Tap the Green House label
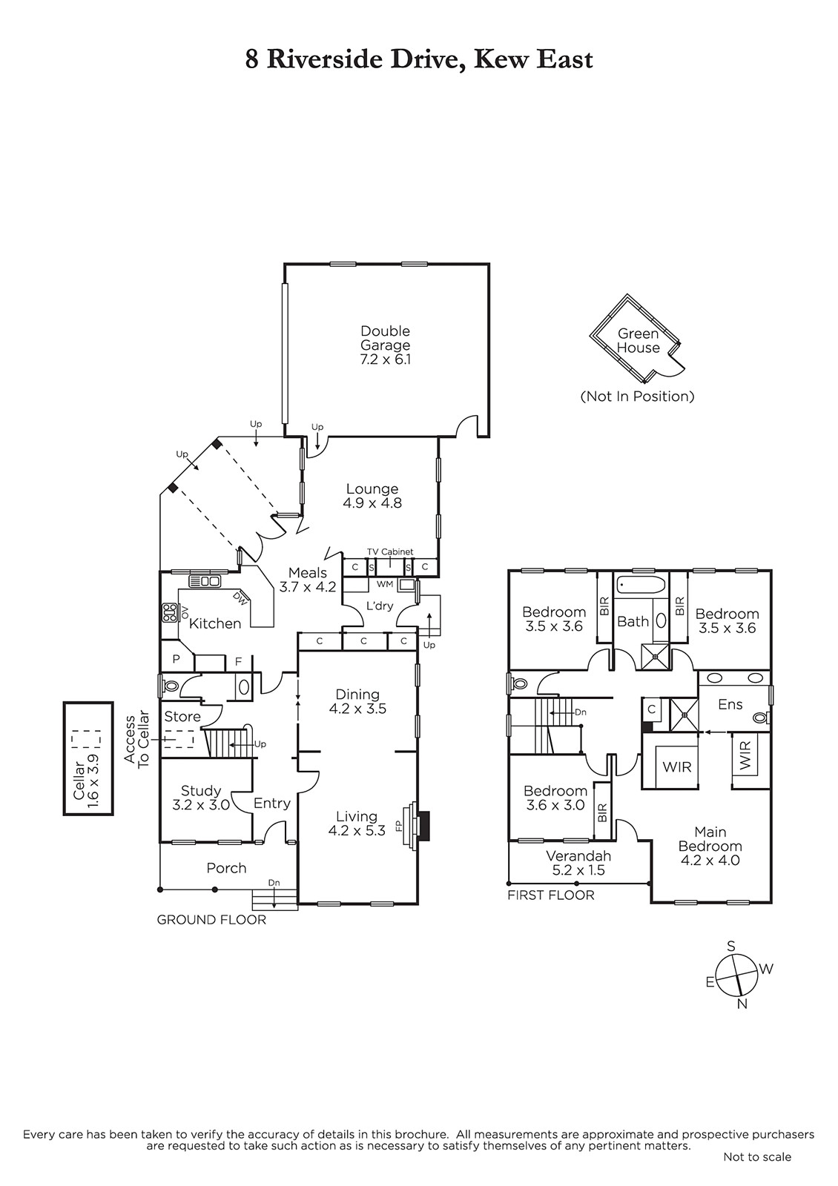[639, 340]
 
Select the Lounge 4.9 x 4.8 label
[372, 496]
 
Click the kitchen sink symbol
[205, 581]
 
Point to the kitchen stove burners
[171, 612]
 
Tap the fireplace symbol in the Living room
[414, 826]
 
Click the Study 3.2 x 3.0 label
[201, 798]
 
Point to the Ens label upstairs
[730, 704]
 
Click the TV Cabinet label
[390, 551]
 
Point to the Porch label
[226, 868]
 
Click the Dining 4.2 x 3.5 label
[357, 701]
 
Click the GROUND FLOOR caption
[211, 920]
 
